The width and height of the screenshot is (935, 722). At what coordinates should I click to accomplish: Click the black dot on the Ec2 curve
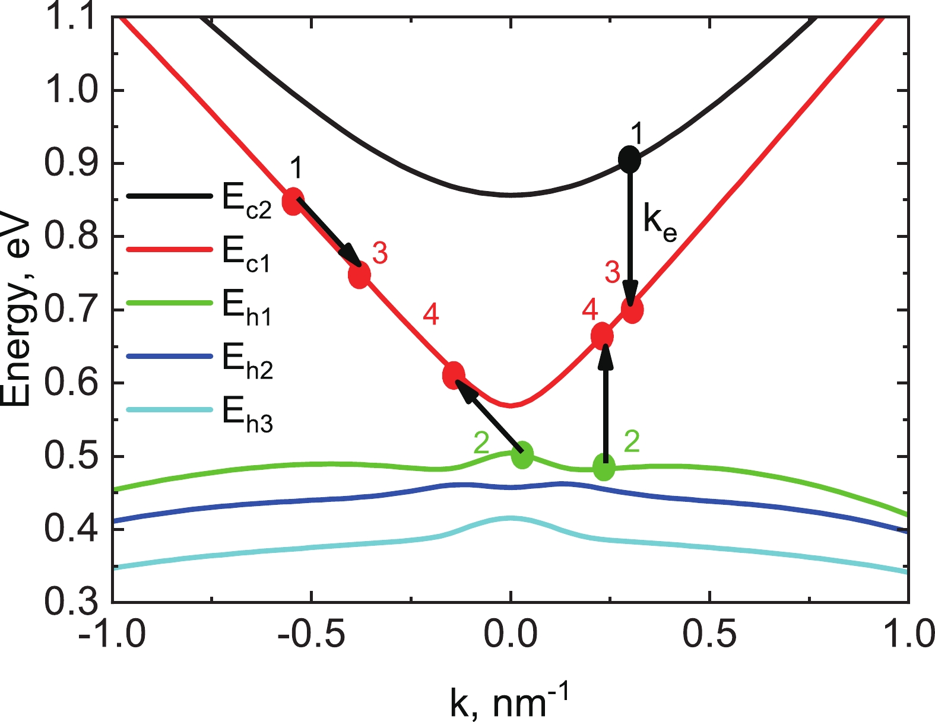click(x=629, y=159)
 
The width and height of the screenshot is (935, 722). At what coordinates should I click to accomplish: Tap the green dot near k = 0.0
click(x=522, y=455)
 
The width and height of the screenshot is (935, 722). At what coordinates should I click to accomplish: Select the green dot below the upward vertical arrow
click(x=604, y=468)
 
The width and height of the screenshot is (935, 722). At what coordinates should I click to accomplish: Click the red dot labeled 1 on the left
click(x=293, y=202)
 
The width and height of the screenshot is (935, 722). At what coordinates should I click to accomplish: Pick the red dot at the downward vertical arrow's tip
click(x=632, y=310)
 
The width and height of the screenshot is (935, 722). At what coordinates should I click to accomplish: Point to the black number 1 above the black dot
click(x=637, y=134)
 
